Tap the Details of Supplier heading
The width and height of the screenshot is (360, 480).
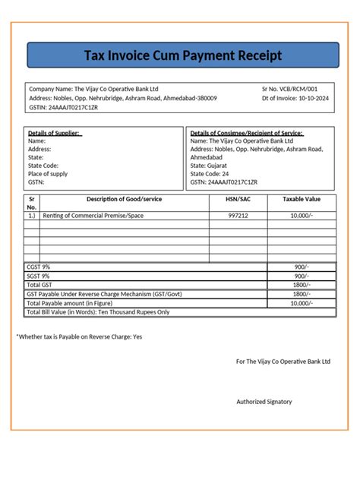[x=55, y=132]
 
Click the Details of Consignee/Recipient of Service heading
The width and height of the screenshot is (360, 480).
[x=246, y=132]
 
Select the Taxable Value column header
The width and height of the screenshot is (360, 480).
[x=302, y=198]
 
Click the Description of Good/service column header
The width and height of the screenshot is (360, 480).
[x=124, y=198]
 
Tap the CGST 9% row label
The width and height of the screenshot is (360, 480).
[x=39, y=267]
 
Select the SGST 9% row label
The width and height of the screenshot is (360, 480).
[x=39, y=276]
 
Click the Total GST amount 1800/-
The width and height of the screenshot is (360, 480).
[x=302, y=285]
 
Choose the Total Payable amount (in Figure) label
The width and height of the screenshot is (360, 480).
[x=78, y=302]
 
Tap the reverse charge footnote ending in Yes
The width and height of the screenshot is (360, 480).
[x=79, y=336]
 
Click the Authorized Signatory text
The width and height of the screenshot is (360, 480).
[x=264, y=402]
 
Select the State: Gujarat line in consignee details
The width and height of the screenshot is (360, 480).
[x=209, y=166]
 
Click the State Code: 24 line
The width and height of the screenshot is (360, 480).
[x=209, y=174]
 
